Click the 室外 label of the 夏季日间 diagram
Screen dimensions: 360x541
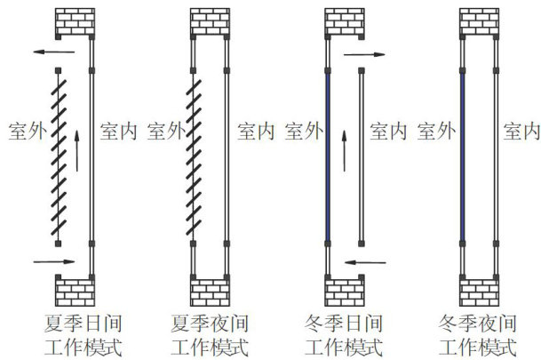point(26,132)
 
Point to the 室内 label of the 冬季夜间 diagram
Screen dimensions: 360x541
point(521,132)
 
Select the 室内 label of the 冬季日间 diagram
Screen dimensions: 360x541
point(388,132)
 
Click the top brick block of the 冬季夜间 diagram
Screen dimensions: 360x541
point(479,22)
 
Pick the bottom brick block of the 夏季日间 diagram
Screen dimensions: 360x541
point(74,290)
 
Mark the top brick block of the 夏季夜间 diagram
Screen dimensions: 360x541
point(209,22)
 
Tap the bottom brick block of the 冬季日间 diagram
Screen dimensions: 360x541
point(345,290)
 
